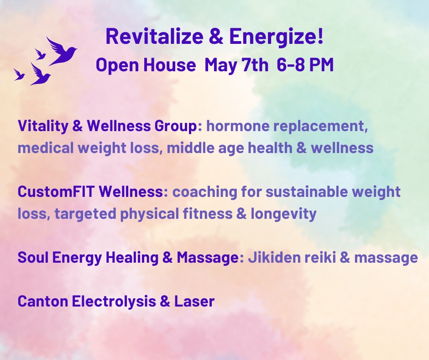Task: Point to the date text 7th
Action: coord(253,65)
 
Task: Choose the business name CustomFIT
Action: coord(52,191)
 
